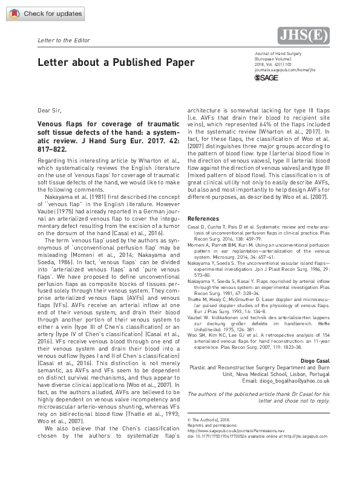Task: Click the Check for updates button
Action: [x=36, y=13]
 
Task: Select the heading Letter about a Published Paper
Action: [x=116, y=62]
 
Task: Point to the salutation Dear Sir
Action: [x=49, y=111]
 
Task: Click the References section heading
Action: [x=205, y=218]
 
